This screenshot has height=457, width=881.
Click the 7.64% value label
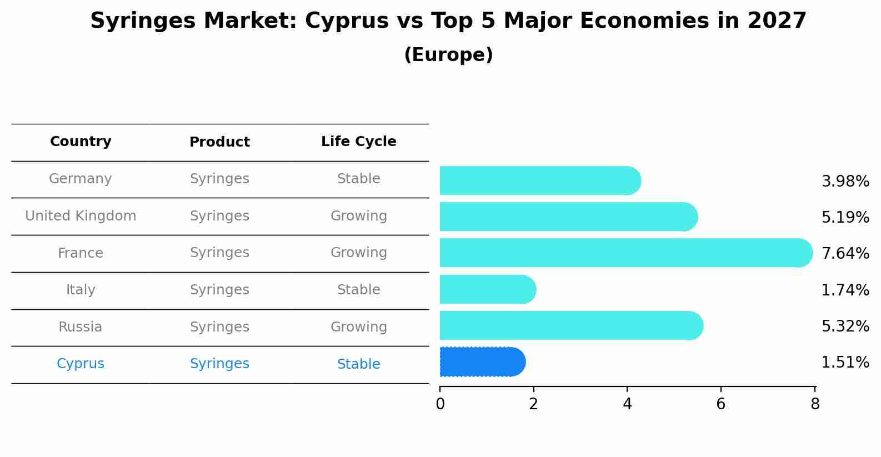coord(845,254)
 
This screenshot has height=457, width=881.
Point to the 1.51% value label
coord(845,363)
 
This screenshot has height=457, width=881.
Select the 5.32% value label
coord(845,326)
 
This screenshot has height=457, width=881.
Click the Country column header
coord(81,142)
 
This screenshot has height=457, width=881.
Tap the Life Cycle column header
coord(358,142)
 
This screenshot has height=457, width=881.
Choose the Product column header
coord(219,142)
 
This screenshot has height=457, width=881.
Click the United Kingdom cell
coord(81,216)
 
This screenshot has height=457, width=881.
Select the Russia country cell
coord(81,327)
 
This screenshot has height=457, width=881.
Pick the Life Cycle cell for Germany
coord(358,179)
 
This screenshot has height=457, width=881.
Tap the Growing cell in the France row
coord(358,253)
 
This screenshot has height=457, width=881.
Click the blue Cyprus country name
coord(81,364)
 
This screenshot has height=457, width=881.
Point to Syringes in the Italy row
coord(219,290)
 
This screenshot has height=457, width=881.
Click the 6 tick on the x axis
coord(720,404)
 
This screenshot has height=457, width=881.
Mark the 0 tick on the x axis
coord(440,404)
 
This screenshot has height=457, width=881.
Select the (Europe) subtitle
coord(448,55)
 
